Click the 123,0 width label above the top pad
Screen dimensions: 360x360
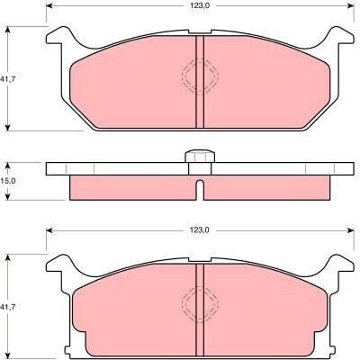(199, 6)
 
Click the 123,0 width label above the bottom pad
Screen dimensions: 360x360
(199, 230)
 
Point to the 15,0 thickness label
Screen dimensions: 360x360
(9, 181)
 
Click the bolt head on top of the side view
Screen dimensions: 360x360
(200, 157)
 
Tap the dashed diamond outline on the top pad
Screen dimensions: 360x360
(201, 76)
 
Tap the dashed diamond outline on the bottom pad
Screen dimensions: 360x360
(201, 303)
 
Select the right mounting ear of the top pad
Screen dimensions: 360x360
(341, 37)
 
